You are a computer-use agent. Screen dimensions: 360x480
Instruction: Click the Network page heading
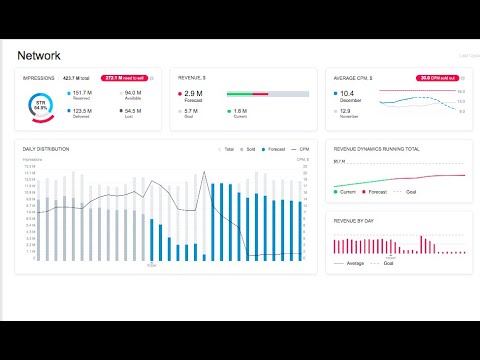pos(45,56)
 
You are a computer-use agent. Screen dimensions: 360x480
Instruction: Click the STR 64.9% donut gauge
pos(40,106)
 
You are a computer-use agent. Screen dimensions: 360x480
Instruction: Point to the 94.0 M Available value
pos(132,92)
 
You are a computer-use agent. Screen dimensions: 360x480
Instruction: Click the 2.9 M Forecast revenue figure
pos(195,93)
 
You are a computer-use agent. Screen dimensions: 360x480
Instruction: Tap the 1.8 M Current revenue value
pos(242,111)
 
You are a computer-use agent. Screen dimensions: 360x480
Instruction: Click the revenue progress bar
pos(267,94)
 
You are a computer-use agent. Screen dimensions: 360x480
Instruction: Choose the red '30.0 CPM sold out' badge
pos(438,77)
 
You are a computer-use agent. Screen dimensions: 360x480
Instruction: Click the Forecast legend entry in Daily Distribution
pos(276,149)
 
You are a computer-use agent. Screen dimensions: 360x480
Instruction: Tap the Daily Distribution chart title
pos(46,149)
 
